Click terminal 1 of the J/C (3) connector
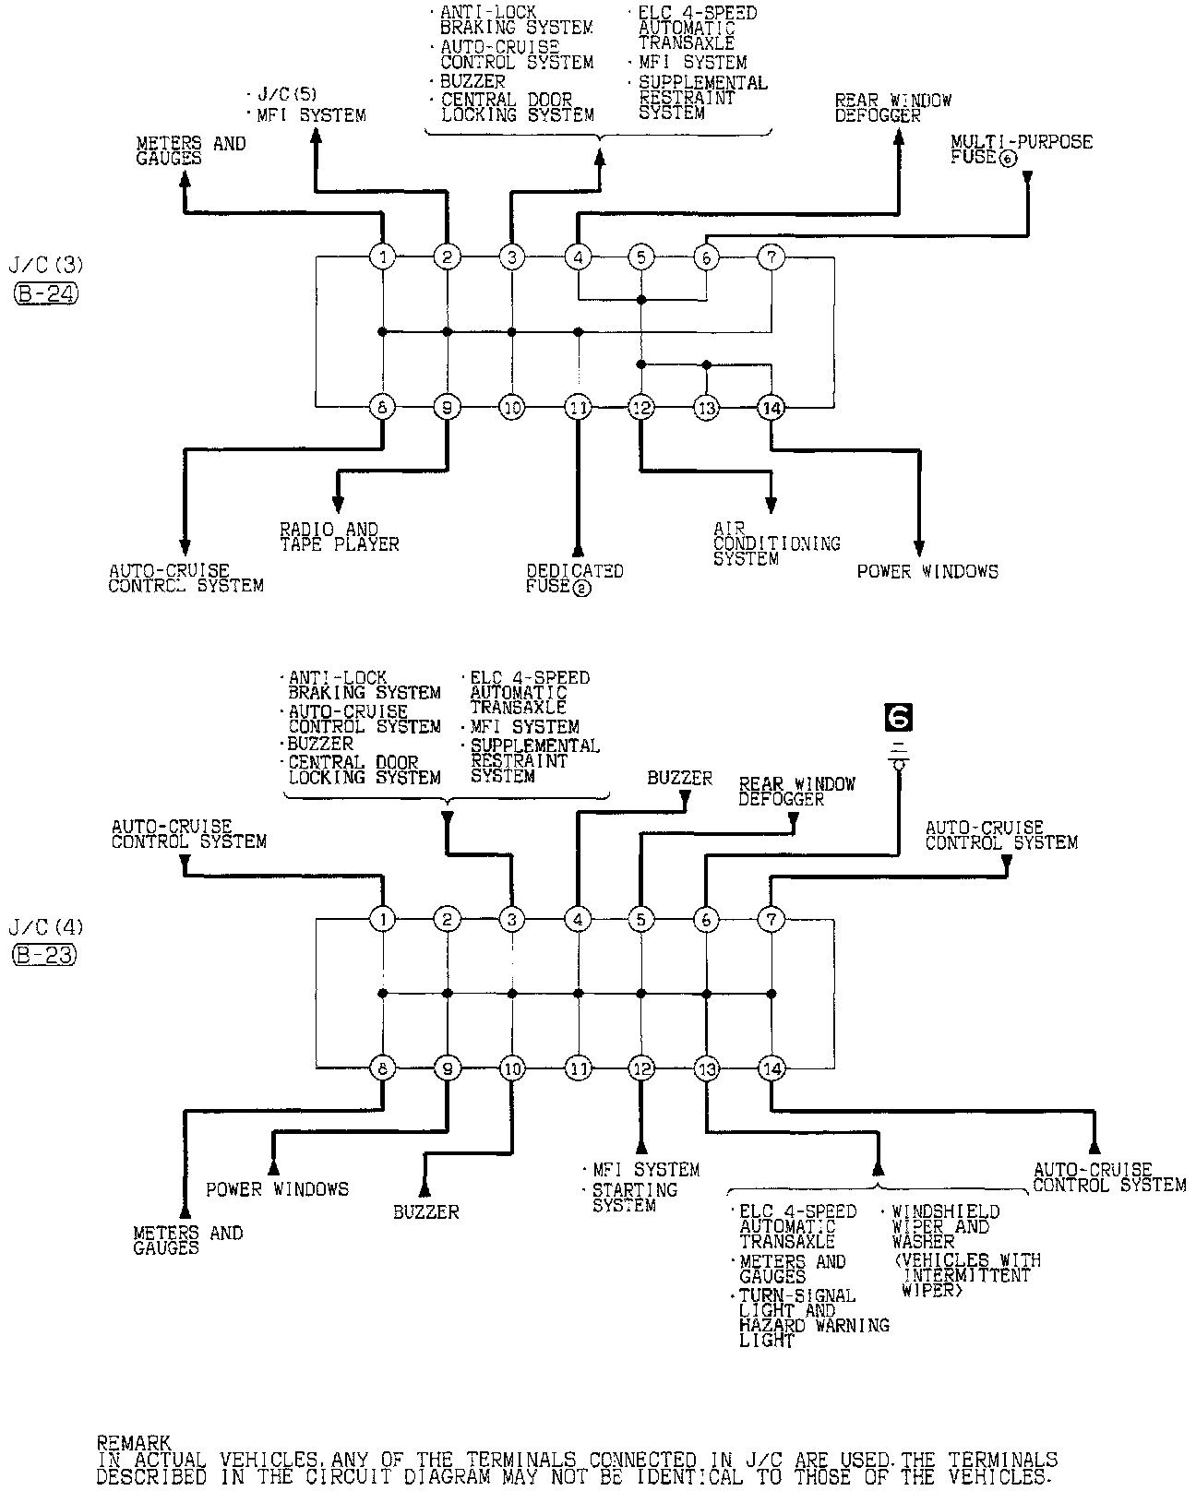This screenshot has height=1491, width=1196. pos(382,256)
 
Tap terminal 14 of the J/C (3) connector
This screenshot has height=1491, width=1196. pos(771,407)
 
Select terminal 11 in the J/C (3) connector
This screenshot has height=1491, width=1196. pos(578,407)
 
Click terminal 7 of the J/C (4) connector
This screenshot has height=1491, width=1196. pos(771,919)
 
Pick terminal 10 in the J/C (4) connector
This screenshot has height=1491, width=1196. pos(512,1068)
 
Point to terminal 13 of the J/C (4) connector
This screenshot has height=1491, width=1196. pos(706,1068)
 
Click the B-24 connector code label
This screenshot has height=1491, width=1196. pos(46,293)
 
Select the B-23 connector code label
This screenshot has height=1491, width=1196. pos(44,955)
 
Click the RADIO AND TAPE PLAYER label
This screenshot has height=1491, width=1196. pos(339,537)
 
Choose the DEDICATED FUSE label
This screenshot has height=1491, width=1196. pos(574,579)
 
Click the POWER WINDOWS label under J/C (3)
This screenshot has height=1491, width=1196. pos(927,572)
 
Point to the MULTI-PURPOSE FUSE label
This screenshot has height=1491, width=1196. pos(1021,149)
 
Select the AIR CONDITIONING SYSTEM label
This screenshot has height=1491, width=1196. pos(776,543)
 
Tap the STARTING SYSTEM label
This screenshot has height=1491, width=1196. pos(635,1198)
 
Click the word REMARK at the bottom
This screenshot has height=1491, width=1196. pos(133,1442)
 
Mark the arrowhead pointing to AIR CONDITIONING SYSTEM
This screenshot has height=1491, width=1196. pos(771,505)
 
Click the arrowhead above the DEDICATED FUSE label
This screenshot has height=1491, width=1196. pos(578,547)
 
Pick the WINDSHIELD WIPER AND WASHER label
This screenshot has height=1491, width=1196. pos(945,1226)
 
